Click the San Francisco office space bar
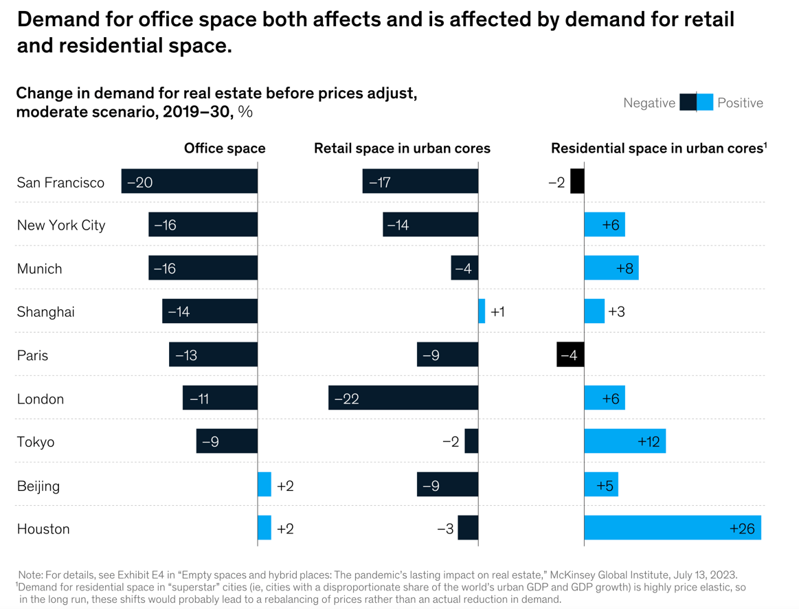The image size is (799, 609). coord(190,181)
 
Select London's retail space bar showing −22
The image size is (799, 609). coord(403,398)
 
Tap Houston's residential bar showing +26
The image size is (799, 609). coord(672,528)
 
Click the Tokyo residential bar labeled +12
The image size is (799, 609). coord(624,441)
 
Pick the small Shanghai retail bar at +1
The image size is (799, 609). coord(482,311)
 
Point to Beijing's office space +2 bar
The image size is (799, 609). coord(265,485)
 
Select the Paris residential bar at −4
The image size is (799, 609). coord(570,355)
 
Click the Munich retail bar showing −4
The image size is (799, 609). coord(464,268)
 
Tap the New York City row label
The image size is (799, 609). coord(61,225)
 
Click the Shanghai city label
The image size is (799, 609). coord(45,311)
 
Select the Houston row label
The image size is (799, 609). coord(43,529)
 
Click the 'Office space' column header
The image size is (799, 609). coord(225,148)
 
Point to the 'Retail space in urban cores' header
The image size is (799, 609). coord(402,148)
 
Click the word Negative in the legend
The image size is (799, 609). coord(649,103)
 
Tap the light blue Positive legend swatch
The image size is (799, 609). coord(705,102)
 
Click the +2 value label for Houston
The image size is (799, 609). coord(285,529)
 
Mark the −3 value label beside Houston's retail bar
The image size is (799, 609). coord(445,529)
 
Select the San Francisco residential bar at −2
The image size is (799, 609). coord(577,181)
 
